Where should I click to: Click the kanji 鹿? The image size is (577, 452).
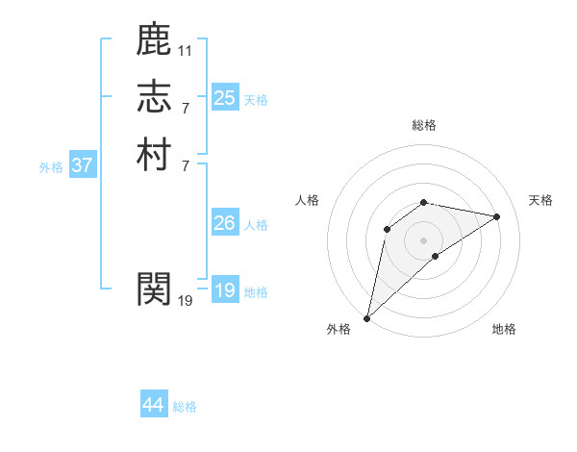click(x=154, y=39)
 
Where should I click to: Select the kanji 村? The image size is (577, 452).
click(x=154, y=155)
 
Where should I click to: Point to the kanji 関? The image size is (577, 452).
click(x=154, y=288)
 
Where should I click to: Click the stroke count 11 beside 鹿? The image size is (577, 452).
click(x=186, y=49)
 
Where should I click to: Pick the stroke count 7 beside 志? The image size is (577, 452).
click(x=186, y=107)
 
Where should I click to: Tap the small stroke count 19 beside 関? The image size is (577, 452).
click(x=186, y=300)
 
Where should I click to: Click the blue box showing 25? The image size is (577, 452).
click(x=225, y=98)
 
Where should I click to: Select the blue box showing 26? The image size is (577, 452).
click(x=225, y=223)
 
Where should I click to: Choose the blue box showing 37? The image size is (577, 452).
click(x=83, y=165)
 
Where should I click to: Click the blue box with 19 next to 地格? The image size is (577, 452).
click(x=225, y=290)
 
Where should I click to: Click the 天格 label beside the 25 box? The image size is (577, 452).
click(x=256, y=100)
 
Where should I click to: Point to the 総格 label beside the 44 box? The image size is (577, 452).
click(x=185, y=407)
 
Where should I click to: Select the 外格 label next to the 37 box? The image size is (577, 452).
click(x=51, y=167)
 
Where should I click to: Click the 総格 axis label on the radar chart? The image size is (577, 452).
click(x=424, y=125)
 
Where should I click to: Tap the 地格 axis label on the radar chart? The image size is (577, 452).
click(x=504, y=329)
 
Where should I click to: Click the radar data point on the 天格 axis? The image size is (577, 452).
click(x=497, y=216)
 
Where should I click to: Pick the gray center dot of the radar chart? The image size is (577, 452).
click(x=424, y=239)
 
